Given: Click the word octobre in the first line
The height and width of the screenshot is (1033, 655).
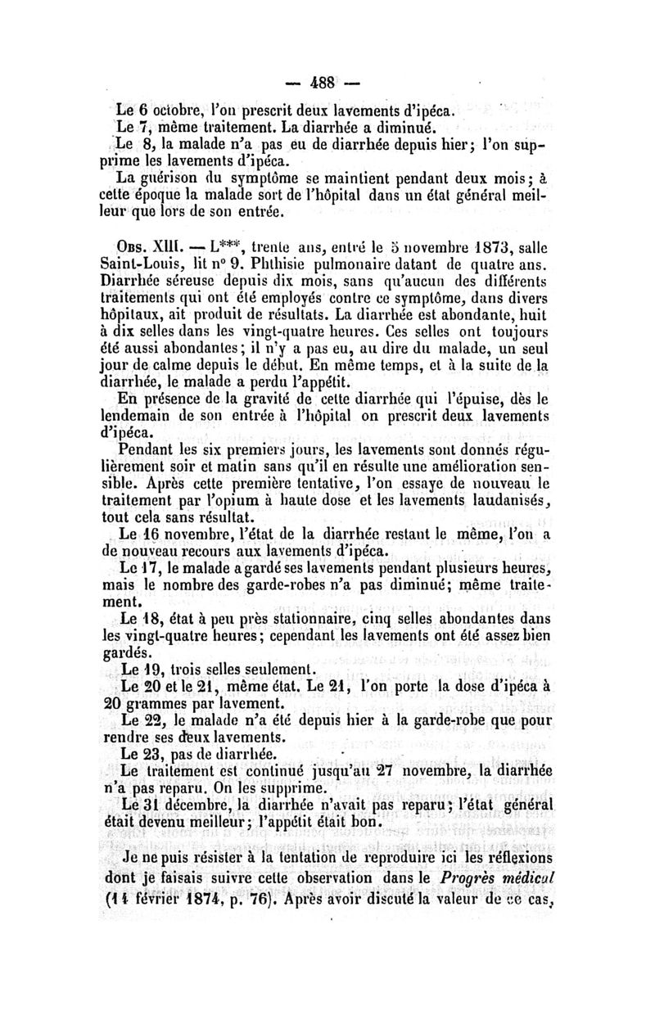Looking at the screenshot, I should (171, 109).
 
